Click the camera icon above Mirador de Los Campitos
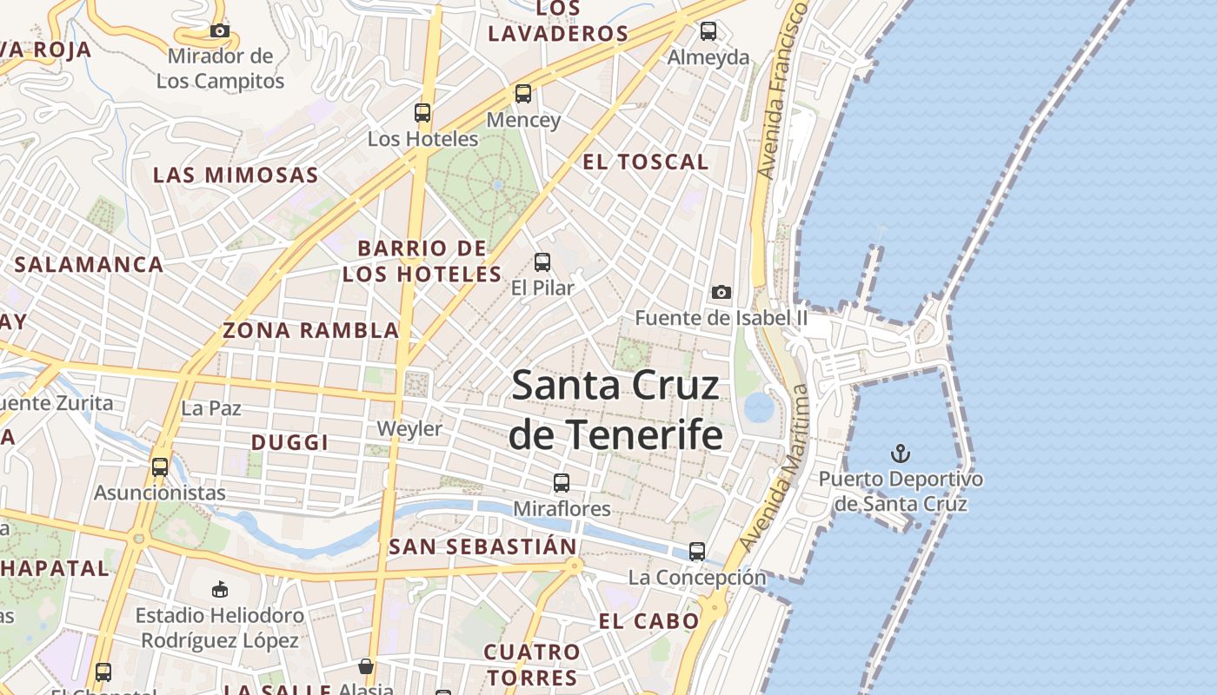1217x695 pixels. pyautogui.click(x=220, y=31)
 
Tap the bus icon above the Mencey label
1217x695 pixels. pyautogui.click(x=523, y=94)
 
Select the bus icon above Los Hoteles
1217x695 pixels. pyautogui.click(x=422, y=113)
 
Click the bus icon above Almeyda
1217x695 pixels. pyautogui.click(x=708, y=31)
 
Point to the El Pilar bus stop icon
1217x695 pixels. pyautogui.click(x=542, y=261)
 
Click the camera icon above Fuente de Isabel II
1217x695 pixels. pyautogui.click(x=721, y=292)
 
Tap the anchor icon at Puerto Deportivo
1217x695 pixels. pyautogui.click(x=901, y=453)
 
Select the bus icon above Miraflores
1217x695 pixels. pyautogui.click(x=562, y=482)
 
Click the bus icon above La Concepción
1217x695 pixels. pyautogui.click(x=697, y=551)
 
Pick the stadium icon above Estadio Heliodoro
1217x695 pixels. pyautogui.click(x=220, y=589)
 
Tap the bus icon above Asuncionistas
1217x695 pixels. pyautogui.click(x=160, y=467)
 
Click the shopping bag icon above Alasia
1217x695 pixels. pyautogui.click(x=366, y=666)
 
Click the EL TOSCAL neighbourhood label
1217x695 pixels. pyautogui.click(x=645, y=162)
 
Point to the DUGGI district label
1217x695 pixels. pyautogui.click(x=289, y=442)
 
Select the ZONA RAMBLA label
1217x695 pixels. pyautogui.click(x=310, y=330)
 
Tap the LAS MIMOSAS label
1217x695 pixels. pyautogui.click(x=236, y=175)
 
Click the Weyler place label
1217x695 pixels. pyautogui.click(x=409, y=428)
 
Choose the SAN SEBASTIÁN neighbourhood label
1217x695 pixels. pyautogui.click(x=483, y=546)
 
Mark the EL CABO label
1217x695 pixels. pyautogui.click(x=648, y=621)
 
